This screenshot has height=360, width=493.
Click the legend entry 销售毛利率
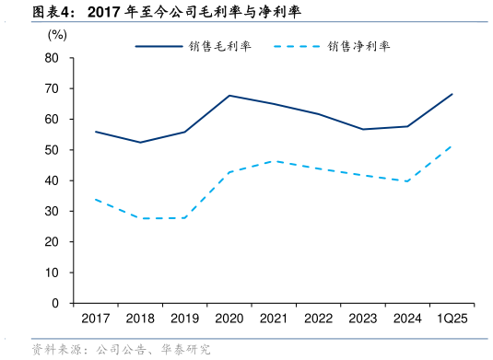[221, 45]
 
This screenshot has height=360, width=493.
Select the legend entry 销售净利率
[360, 45]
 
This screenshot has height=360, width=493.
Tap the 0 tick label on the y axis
[56, 303]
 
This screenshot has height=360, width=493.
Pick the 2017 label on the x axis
[96, 319]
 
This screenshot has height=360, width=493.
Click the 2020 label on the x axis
[229, 319]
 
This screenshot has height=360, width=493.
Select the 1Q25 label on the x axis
[452, 319]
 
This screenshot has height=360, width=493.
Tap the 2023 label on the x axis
[362, 319]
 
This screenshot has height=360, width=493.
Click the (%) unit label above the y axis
[57, 35]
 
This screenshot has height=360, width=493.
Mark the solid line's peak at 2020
[229, 96]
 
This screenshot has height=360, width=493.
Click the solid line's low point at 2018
[140, 142]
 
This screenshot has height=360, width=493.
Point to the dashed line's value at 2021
[274, 161]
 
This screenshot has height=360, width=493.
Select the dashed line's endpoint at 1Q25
[452, 145]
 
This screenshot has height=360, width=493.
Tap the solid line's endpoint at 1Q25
[452, 94]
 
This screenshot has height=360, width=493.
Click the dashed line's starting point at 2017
[96, 199]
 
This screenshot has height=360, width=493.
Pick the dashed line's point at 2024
[406, 181]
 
